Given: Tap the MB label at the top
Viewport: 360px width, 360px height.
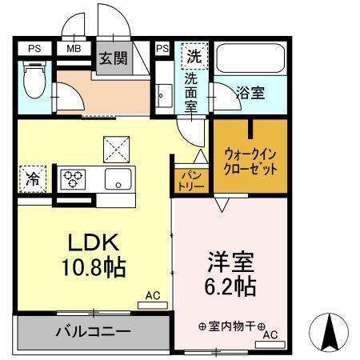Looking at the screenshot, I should [x=74, y=48].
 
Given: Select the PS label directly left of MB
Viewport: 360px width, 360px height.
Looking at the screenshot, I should [x=34, y=48].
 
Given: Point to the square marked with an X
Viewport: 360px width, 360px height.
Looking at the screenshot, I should [x=114, y=148].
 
